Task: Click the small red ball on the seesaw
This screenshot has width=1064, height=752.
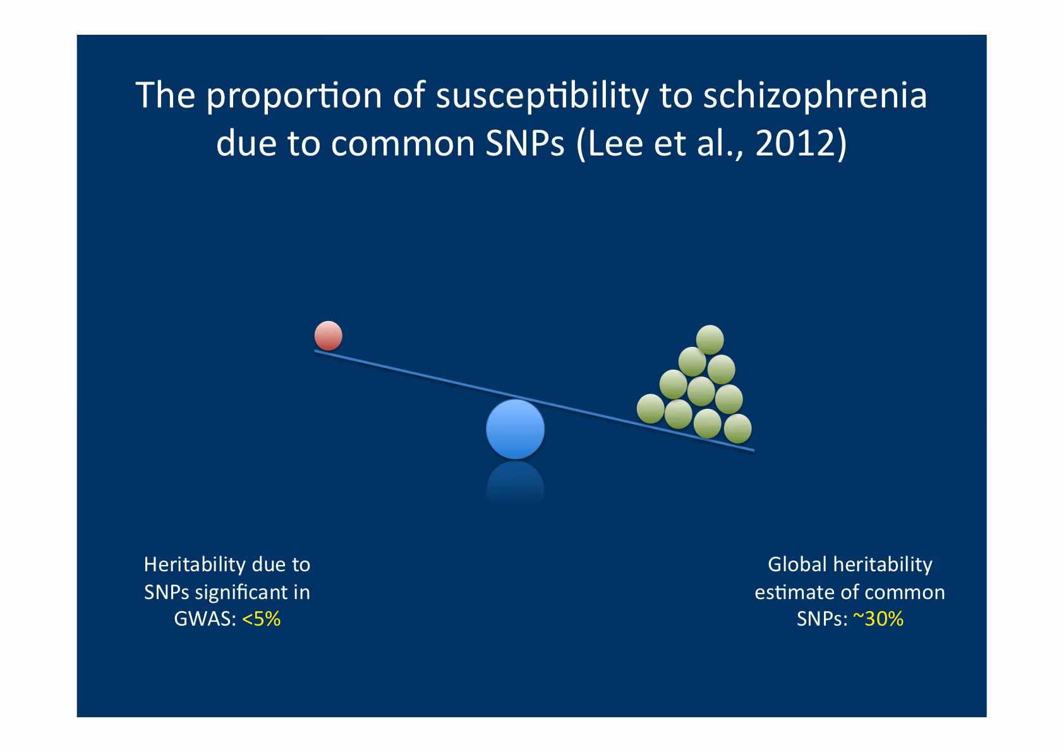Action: [x=329, y=336]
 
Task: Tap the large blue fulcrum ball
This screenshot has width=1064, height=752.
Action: [x=515, y=429]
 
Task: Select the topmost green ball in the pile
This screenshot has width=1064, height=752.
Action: [x=710, y=339]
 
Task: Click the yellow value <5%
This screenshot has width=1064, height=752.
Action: [x=261, y=619]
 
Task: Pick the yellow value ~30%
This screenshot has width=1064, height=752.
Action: [x=878, y=619]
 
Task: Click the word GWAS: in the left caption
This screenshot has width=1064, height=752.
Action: [x=205, y=619]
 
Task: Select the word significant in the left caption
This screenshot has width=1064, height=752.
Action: [x=241, y=592]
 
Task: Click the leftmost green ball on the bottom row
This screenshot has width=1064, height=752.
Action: [x=650, y=408]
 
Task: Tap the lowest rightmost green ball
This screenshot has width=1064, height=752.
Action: [x=737, y=429]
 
